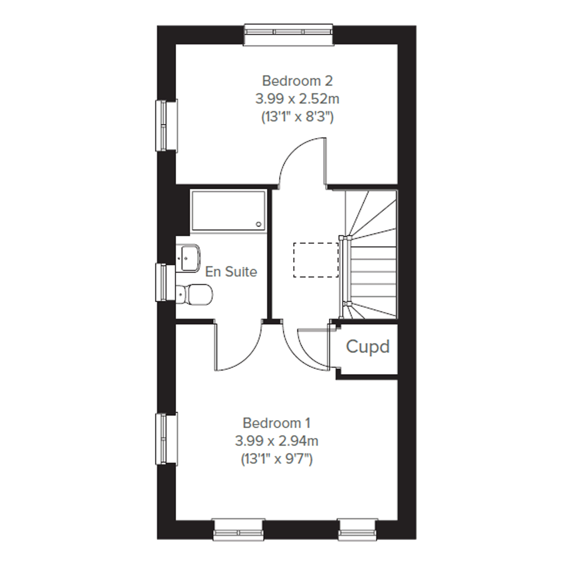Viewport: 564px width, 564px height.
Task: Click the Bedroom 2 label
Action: tap(297, 81)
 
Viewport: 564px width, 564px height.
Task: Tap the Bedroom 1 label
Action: tap(277, 423)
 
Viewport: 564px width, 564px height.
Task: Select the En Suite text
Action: tap(231, 272)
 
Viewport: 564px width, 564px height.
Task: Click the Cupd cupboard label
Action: tap(368, 346)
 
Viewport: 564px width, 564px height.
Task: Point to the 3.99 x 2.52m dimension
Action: tap(297, 99)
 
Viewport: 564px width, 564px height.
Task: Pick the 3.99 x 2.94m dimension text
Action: tap(277, 441)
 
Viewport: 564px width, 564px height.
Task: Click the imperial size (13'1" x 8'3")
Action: tap(297, 117)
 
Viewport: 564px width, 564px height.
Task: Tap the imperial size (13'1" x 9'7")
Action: tap(277, 460)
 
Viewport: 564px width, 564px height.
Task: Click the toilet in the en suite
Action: tap(194, 295)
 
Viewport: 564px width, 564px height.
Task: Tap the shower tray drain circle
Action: tap(259, 224)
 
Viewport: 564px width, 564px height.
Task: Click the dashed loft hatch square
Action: tap(316, 260)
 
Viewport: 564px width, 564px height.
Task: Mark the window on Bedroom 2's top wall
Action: tap(289, 35)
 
